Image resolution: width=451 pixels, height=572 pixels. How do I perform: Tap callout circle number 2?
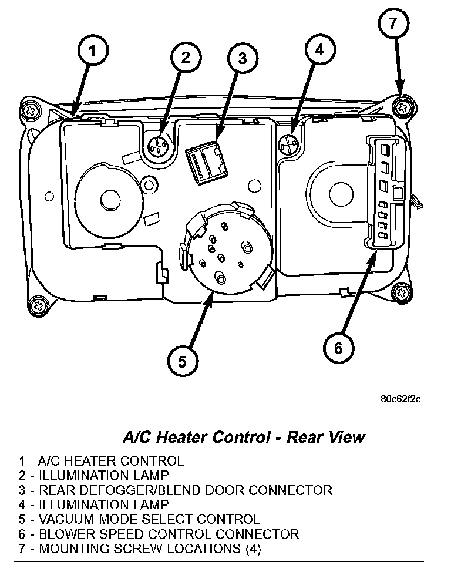(x=186, y=58)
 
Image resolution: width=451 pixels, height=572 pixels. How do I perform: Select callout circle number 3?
(x=243, y=58)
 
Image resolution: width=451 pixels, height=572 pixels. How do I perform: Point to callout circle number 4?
(x=318, y=51)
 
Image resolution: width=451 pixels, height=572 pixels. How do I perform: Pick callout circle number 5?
(x=182, y=361)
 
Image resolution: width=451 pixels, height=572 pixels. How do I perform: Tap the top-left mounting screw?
(x=31, y=110)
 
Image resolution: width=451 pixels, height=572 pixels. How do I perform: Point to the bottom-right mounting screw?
(x=401, y=291)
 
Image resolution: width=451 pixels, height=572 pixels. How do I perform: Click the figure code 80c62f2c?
(x=400, y=399)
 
